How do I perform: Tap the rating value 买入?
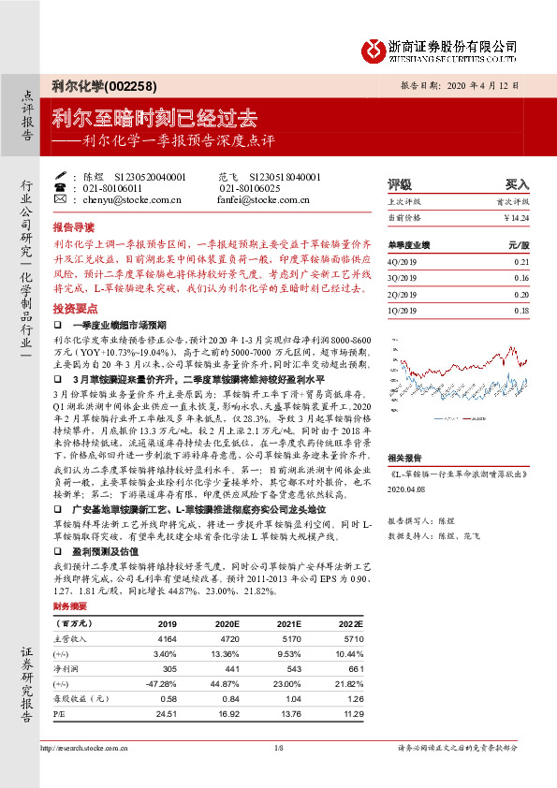(x=517, y=184)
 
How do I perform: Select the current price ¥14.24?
(x=515, y=217)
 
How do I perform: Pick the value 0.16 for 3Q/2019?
(x=521, y=279)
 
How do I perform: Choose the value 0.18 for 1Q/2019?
(x=521, y=310)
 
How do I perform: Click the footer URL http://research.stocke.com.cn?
(x=86, y=748)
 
